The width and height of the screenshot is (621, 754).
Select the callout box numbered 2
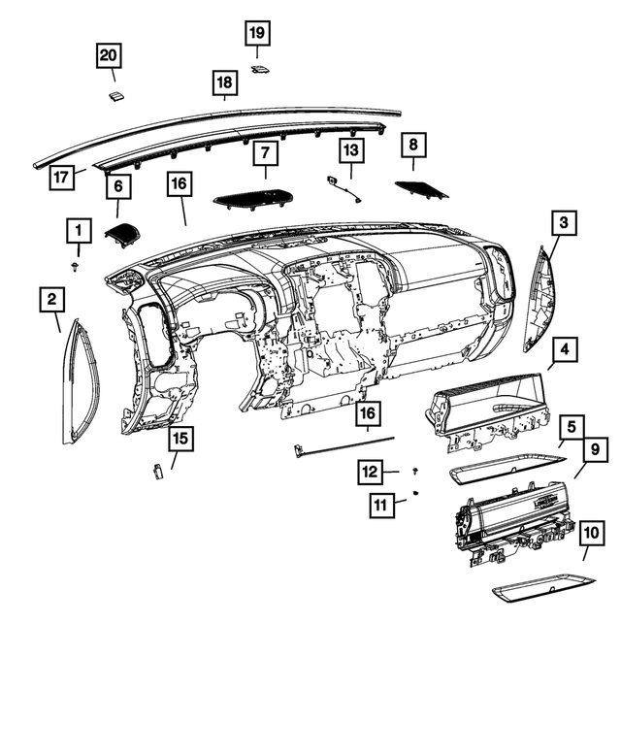(x=53, y=300)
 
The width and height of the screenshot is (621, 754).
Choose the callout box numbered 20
(x=111, y=56)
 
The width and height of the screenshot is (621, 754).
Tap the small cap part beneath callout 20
(x=114, y=95)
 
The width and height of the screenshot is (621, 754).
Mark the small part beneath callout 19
(x=260, y=70)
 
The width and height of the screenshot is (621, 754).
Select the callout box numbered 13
(x=350, y=150)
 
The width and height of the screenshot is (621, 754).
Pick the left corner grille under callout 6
(x=122, y=234)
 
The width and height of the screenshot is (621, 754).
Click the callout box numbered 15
(x=180, y=439)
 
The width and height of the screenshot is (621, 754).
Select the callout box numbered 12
(x=371, y=472)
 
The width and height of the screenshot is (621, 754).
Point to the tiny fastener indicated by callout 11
(x=415, y=494)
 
